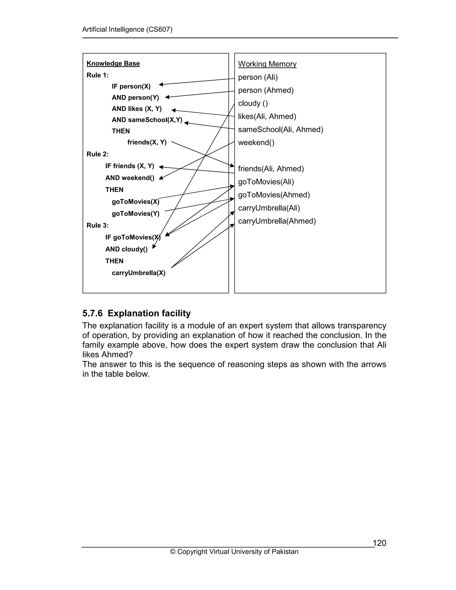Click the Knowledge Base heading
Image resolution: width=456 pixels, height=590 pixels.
pos(113,63)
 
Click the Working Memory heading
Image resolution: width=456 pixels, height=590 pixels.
pos(267,64)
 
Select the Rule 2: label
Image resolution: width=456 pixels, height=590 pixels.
pos(98,154)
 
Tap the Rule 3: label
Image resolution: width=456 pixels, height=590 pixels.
pos(98,225)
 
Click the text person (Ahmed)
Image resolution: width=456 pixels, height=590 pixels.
pos(266,90)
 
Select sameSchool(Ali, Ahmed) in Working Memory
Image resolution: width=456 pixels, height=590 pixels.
pos(280,129)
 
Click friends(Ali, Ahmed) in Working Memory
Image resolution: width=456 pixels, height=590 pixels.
pos(271,169)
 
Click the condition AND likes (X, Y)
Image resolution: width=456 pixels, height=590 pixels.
pos(137,109)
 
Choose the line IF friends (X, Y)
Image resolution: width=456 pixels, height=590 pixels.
pos(130,166)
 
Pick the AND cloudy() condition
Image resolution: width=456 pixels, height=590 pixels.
pos(126,249)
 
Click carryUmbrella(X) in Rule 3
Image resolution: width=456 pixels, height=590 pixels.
pos(138,273)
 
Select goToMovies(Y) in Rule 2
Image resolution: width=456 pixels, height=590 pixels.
pos(135,214)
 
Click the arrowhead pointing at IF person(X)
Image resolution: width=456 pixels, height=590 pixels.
pos(161,85)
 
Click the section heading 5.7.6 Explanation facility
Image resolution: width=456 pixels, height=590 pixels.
pos(136,313)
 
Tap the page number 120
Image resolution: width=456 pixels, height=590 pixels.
pos(379,543)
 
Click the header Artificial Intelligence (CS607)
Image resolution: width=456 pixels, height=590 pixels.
pos(127,29)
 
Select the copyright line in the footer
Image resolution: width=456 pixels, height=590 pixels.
pos(234,552)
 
